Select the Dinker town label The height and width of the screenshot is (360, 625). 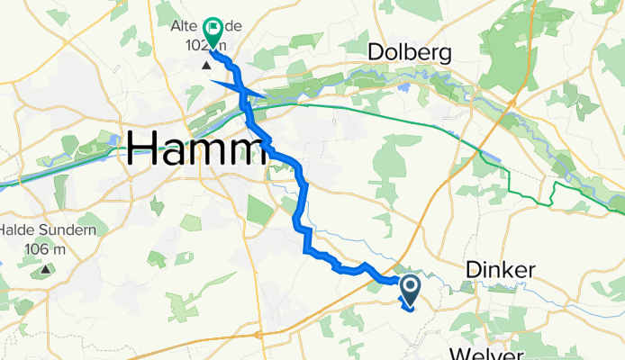502,269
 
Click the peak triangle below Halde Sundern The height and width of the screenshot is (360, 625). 46,268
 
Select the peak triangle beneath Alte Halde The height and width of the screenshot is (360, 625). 207,65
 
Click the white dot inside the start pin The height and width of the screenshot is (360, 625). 409,287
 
